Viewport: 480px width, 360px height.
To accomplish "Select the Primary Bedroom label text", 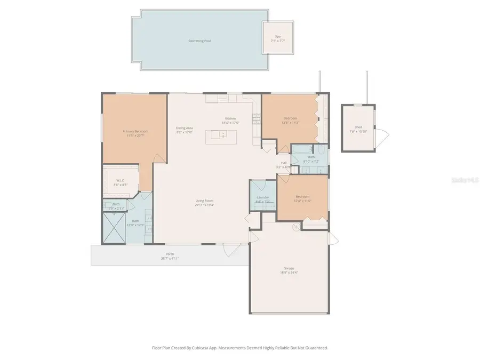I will tap(135, 131).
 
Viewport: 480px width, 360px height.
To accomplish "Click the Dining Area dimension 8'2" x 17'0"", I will tap(184, 132).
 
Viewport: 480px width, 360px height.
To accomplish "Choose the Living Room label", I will tap(205, 201).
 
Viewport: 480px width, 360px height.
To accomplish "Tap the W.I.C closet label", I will tap(120, 180).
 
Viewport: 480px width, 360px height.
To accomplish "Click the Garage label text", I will tap(289, 268).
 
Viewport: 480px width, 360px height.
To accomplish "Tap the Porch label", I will tap(170, 254).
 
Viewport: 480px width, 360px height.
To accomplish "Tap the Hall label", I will tap(284, 163).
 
